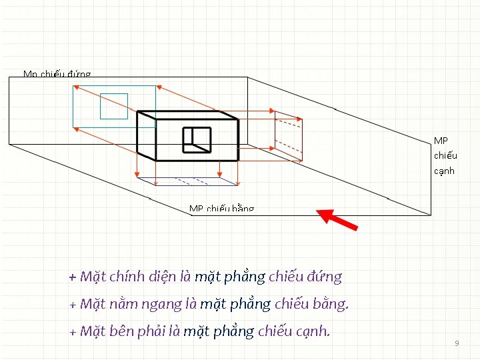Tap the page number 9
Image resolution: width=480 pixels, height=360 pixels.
tap(457, 343)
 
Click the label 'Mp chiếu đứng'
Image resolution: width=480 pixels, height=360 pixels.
tap(57, 74)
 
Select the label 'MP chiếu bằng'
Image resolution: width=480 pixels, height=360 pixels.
tap(221, 209)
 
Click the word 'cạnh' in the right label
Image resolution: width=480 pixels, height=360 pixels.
tap(444, 171)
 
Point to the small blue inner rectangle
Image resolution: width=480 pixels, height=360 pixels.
tap(113, 106)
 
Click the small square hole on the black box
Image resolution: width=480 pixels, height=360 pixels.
tap(197, 139)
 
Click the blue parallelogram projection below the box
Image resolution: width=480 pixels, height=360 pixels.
tap(187, 180)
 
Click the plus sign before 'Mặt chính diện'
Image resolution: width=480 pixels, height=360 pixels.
tap(73, 277)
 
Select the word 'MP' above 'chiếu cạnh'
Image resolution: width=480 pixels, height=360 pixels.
tap(441, 141)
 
